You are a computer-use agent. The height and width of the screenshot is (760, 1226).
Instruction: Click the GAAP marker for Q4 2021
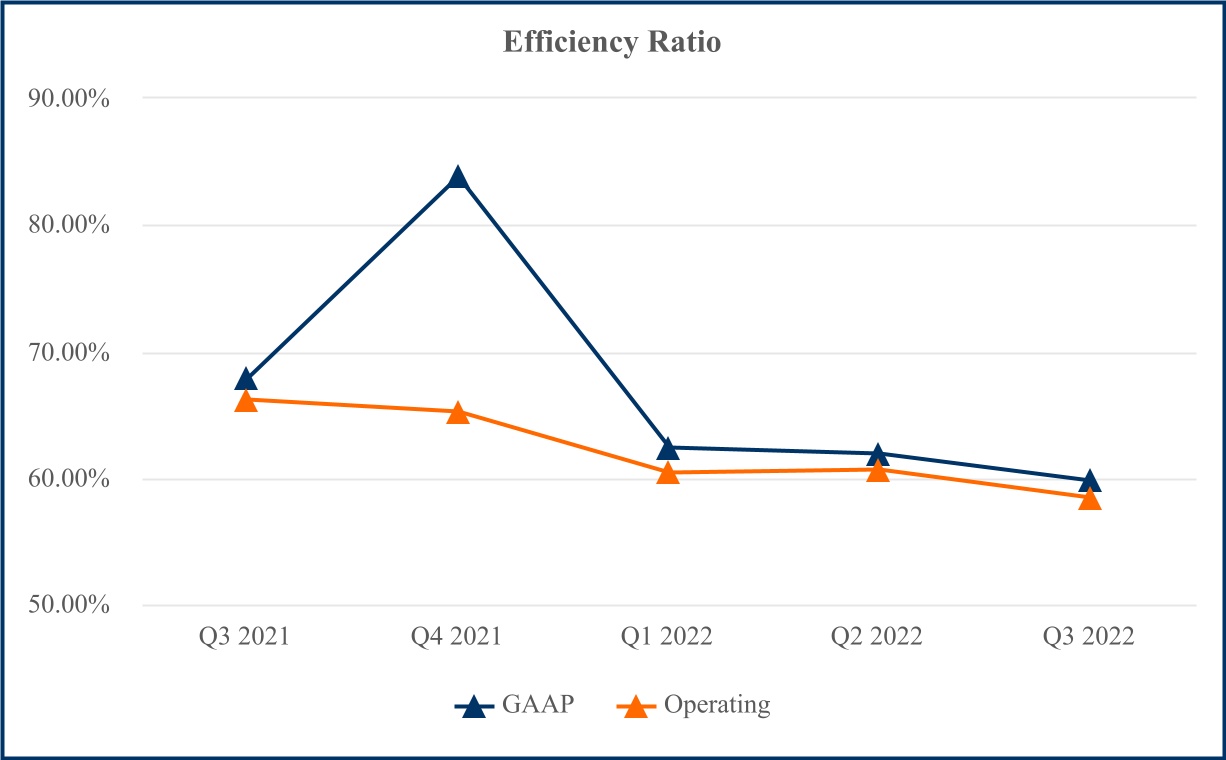458,178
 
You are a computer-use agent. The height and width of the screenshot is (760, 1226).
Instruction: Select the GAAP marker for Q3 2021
246,379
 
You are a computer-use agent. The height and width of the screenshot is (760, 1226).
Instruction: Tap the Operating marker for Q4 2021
458,412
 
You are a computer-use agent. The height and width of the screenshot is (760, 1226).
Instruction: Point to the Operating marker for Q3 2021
246,401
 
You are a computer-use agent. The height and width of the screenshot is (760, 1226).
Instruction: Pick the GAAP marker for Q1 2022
668,448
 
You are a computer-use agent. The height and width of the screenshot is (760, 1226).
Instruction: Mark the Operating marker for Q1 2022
668,473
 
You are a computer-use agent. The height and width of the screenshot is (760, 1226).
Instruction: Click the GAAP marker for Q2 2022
878,454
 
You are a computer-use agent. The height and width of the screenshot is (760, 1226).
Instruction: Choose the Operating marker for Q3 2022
1090,498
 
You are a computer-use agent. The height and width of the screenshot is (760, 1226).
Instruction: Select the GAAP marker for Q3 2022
1090,481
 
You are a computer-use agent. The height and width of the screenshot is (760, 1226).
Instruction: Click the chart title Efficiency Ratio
612,43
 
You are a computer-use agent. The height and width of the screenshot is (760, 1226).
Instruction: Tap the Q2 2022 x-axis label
878,637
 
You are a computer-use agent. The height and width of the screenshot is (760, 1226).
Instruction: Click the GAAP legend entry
516,705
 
